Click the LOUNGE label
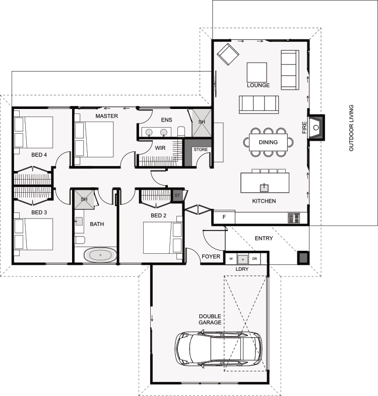[258, 85]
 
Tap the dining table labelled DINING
[268, 142]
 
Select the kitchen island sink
[264, 187]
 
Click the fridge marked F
[224, 217]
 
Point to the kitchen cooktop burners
[294, 218]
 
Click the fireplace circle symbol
[316, 128]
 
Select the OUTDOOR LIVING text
[351, 128]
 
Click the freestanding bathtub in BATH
[100, 255]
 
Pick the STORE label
[201, 149]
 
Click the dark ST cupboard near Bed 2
[177, 195]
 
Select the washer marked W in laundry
[231, 259]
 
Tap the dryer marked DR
[255, 259]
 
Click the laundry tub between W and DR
[243, 259]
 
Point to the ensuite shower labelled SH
[202, 123]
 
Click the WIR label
[160, 148]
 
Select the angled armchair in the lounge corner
[228, 54]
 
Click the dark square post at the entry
[303, 258]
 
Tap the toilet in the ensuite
[181, 132]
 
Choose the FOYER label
[211, 257]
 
